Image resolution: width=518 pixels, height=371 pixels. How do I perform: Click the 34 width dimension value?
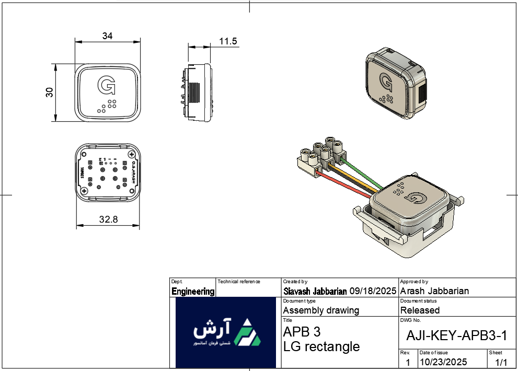(x=107, y=36)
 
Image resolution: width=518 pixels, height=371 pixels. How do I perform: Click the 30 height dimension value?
(x=50, y=92)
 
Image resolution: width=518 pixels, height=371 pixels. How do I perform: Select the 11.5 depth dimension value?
(x=228, y=41)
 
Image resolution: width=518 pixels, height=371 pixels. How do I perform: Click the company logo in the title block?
(x=225, y=332)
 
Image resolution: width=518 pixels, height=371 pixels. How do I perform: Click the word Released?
(x=420, y=310)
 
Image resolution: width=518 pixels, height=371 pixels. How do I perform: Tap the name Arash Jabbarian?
(x=434, y=291)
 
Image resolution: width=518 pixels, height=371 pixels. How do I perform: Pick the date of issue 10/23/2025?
(x=443, y=362)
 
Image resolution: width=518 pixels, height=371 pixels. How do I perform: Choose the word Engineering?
(x=193, y=292)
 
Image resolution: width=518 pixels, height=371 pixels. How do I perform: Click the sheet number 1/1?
(x=501, y=362)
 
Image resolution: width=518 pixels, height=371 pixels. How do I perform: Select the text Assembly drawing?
(x=321, y=310)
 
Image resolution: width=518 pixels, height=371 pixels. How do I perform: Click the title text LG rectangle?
(x=321, y=346)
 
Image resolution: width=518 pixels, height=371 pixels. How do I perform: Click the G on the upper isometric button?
(x=386, y=83)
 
